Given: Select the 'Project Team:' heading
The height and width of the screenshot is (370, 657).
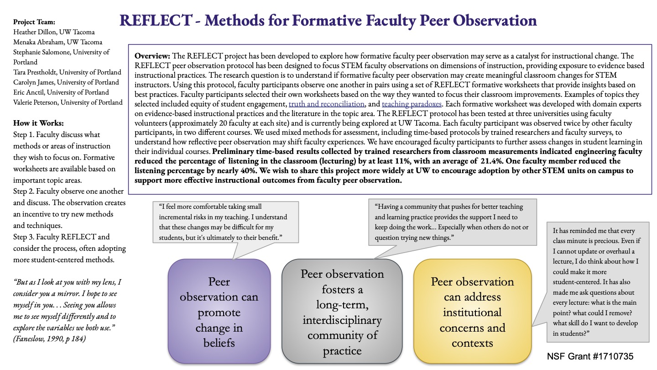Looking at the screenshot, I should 34,22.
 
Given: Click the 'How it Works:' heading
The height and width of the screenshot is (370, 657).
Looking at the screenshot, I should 38,123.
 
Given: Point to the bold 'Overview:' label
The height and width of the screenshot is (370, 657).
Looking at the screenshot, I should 152,56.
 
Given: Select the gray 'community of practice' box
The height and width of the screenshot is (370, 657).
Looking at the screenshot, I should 342,312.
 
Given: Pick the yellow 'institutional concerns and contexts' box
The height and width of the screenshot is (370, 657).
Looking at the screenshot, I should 472,312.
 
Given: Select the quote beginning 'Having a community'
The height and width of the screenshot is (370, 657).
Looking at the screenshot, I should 452,222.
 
